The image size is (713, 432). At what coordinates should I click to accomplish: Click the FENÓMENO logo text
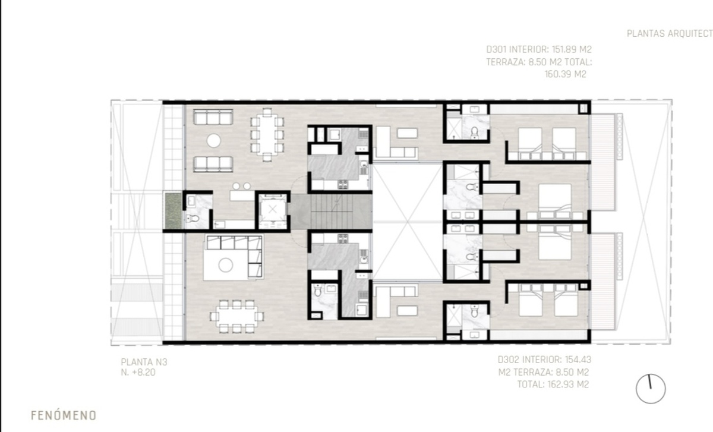click(x=64, y=415)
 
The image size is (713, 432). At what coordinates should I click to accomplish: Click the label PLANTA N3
click(x=144, y=362)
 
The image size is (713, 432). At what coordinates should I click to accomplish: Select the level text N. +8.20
click(x=138, y=372)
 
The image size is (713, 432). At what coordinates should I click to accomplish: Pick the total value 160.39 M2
click(x=565, y=74)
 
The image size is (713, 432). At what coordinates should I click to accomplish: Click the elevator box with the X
click(x=273, y=210)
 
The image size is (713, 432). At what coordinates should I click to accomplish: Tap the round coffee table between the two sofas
click(x=213, y=140)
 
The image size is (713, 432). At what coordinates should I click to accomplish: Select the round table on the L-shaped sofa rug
click(x=225, y=265)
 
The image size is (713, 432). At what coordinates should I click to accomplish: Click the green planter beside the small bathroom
click(x=173, y=210)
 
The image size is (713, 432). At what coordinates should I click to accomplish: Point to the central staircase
click(x=331, y=212)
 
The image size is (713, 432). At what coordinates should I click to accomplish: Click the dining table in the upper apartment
click(x=267, y=135)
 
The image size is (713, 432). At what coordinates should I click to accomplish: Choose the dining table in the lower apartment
click(x=236, y=317)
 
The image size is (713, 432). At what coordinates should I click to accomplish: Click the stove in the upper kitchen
click(x=342, y=184)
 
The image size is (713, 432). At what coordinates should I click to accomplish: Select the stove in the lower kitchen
click(x=343, y=239)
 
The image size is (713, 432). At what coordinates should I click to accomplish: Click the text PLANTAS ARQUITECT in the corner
click(x=670, y=33)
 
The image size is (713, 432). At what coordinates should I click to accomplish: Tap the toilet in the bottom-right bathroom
click(x=474, y=311)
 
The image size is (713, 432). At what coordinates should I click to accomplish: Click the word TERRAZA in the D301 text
click(x=506, y=62)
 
